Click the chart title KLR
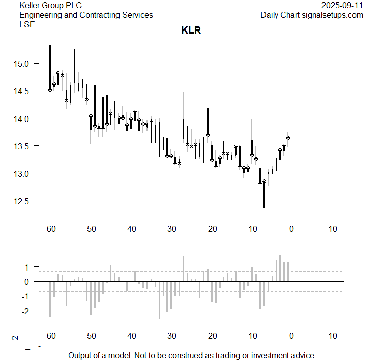click(x=191, y=31)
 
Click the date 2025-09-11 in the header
click(x=343, y=5)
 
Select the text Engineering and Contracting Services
click(x=86, y=15)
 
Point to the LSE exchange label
click(x=27, y=24)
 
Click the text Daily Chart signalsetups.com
click(x=312, y=15)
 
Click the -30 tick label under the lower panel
click(x=171, y=336)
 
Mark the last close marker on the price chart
click(x=288, y=138)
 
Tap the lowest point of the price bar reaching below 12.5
click(x=264, y=207)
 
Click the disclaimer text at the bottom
click(x=191, y=355)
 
